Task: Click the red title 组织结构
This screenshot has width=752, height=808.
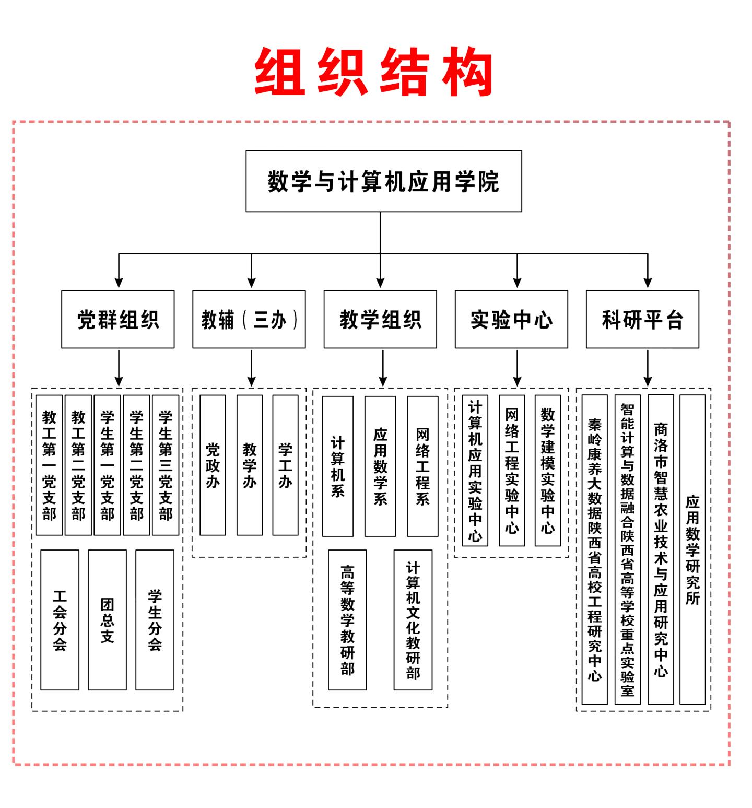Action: pos(374,72)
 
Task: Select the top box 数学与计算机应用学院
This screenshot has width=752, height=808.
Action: pos(384,181)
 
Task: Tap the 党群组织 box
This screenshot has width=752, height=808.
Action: pos(118,319)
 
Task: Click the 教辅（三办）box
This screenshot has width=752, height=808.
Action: pos(249,319)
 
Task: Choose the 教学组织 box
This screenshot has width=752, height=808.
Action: pos(380,319)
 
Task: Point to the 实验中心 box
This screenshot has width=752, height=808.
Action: pos(511,319)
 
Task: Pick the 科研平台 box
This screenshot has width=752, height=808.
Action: pos(642,319)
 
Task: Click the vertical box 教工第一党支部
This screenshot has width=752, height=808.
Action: pos(49,465)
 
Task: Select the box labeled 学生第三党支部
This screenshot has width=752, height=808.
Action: pos(166,465)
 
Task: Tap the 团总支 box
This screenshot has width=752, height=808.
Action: pos(107,620)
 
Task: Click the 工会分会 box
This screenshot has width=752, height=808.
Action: pos(60,620)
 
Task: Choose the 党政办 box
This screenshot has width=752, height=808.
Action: pos(213,465)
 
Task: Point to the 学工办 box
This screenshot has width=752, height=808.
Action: pos(285,465)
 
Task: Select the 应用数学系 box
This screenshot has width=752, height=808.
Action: pos(380,466)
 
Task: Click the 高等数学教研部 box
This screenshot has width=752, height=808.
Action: pos(347,620)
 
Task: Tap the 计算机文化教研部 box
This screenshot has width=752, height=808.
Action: pos(413,620)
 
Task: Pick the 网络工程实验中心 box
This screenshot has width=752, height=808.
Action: pos(512,470)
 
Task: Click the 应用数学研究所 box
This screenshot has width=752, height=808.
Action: pos(692,549)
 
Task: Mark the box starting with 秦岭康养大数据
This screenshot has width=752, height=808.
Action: pos(595,549)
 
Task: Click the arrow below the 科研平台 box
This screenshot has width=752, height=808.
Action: pos(648,368)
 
